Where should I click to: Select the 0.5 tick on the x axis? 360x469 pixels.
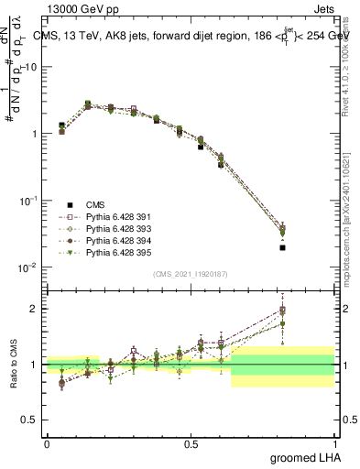191,444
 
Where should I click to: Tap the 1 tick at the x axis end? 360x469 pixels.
333,444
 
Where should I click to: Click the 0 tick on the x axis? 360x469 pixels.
47,444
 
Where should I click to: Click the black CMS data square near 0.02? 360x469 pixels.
283,247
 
